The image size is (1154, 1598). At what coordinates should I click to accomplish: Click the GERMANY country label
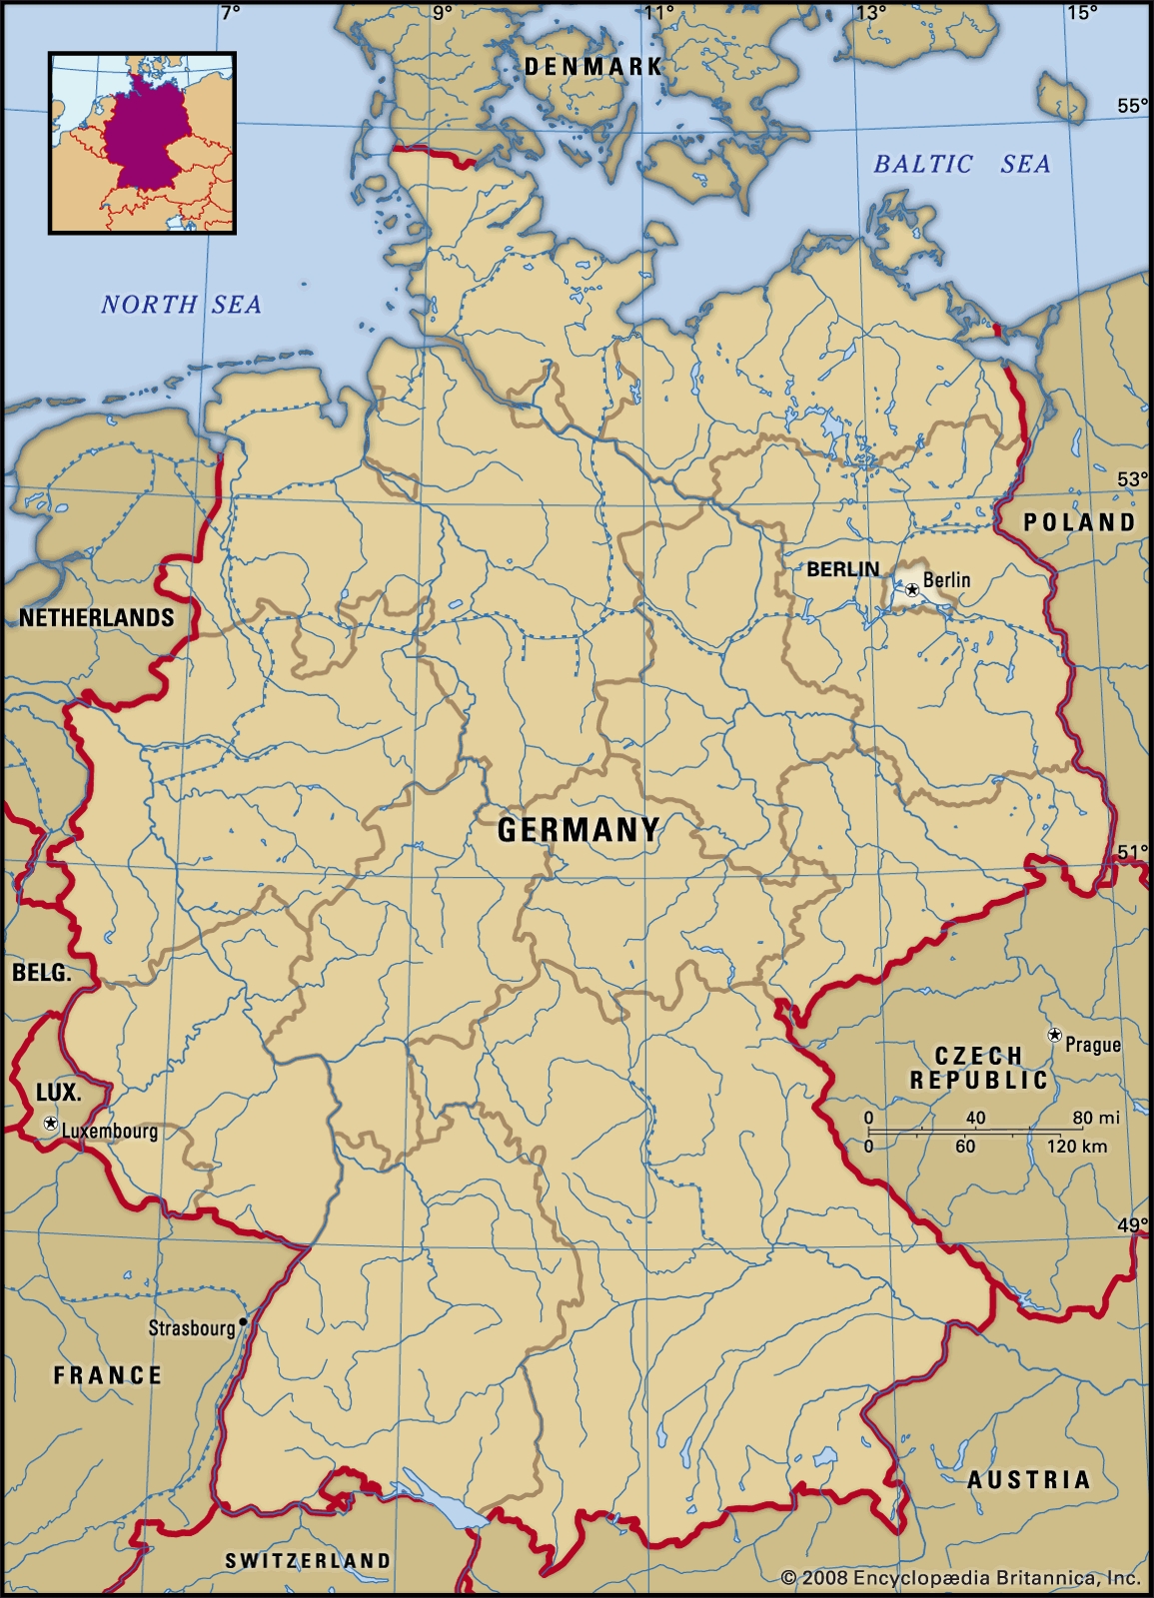point(578,829)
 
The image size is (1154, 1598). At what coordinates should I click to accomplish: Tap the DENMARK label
point(592,67)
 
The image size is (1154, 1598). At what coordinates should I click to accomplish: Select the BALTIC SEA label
point(961,164)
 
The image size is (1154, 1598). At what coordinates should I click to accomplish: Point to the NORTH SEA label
point(181,305)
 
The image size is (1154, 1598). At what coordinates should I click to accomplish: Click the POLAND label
point(1079,521)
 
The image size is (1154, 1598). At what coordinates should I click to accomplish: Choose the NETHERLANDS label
point(97,617)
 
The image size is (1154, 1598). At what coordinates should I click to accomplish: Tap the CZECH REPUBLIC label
point(978,1068)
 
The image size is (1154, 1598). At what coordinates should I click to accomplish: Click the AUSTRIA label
point(1028,1479)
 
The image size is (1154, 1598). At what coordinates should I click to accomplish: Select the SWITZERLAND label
point(308,1560)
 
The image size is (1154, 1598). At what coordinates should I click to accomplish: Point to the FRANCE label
point(108,1375)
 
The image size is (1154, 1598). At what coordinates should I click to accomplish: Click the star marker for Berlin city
point(912,590)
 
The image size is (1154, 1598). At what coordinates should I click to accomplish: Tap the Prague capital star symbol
point(1053,1036)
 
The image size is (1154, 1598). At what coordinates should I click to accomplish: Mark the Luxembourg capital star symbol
point(50,1124)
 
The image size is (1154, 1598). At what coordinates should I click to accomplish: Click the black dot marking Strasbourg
point(243,1320)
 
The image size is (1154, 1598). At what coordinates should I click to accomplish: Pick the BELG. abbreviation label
point(41,972)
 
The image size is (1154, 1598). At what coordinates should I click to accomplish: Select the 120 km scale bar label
point(1077,1147)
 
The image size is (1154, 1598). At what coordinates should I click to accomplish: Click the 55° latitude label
point(1132,106)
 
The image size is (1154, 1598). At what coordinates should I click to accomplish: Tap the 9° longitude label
point(442,12)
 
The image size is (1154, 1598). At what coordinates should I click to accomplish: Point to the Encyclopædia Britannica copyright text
point(960,1578)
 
